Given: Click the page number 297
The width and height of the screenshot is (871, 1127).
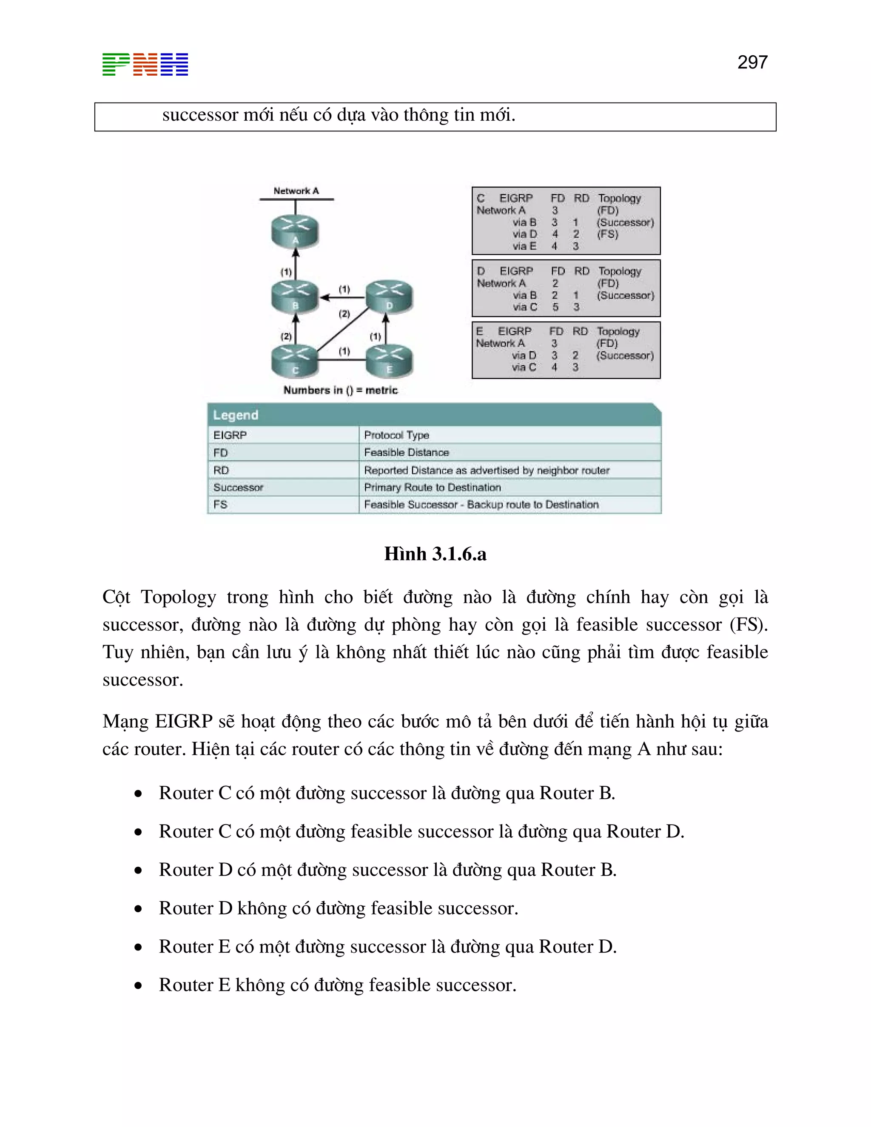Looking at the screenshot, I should (752, 63).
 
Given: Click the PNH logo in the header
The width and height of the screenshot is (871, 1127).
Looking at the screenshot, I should (145, 65).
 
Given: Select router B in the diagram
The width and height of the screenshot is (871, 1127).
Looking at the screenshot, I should (295, 297).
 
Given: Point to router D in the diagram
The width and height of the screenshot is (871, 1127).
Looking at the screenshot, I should (389, 297).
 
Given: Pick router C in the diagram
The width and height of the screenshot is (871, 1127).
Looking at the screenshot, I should (295, 361).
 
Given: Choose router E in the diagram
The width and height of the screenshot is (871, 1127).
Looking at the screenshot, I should (389, 361).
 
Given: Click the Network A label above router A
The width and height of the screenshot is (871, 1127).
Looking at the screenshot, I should (296, 191).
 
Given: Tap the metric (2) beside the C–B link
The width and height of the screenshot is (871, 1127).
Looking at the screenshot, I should (286, 336).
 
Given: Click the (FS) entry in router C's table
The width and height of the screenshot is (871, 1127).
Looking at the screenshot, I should (607, 234).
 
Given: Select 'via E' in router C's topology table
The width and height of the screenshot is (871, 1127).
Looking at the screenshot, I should (524, 246).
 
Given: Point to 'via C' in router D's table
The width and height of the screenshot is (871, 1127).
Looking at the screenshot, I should (525, 307).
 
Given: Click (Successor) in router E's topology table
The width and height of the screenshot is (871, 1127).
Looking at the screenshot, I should (624, 356).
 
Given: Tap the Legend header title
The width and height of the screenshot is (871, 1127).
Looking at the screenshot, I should (235, 415).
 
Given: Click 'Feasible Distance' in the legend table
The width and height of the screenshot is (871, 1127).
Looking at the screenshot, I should (406, 453).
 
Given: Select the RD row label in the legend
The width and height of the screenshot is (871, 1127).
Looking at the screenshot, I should (221, 470).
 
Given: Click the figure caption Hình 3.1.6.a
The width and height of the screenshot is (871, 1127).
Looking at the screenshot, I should (435, 554).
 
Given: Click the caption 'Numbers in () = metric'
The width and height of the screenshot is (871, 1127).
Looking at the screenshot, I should (341, 390).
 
